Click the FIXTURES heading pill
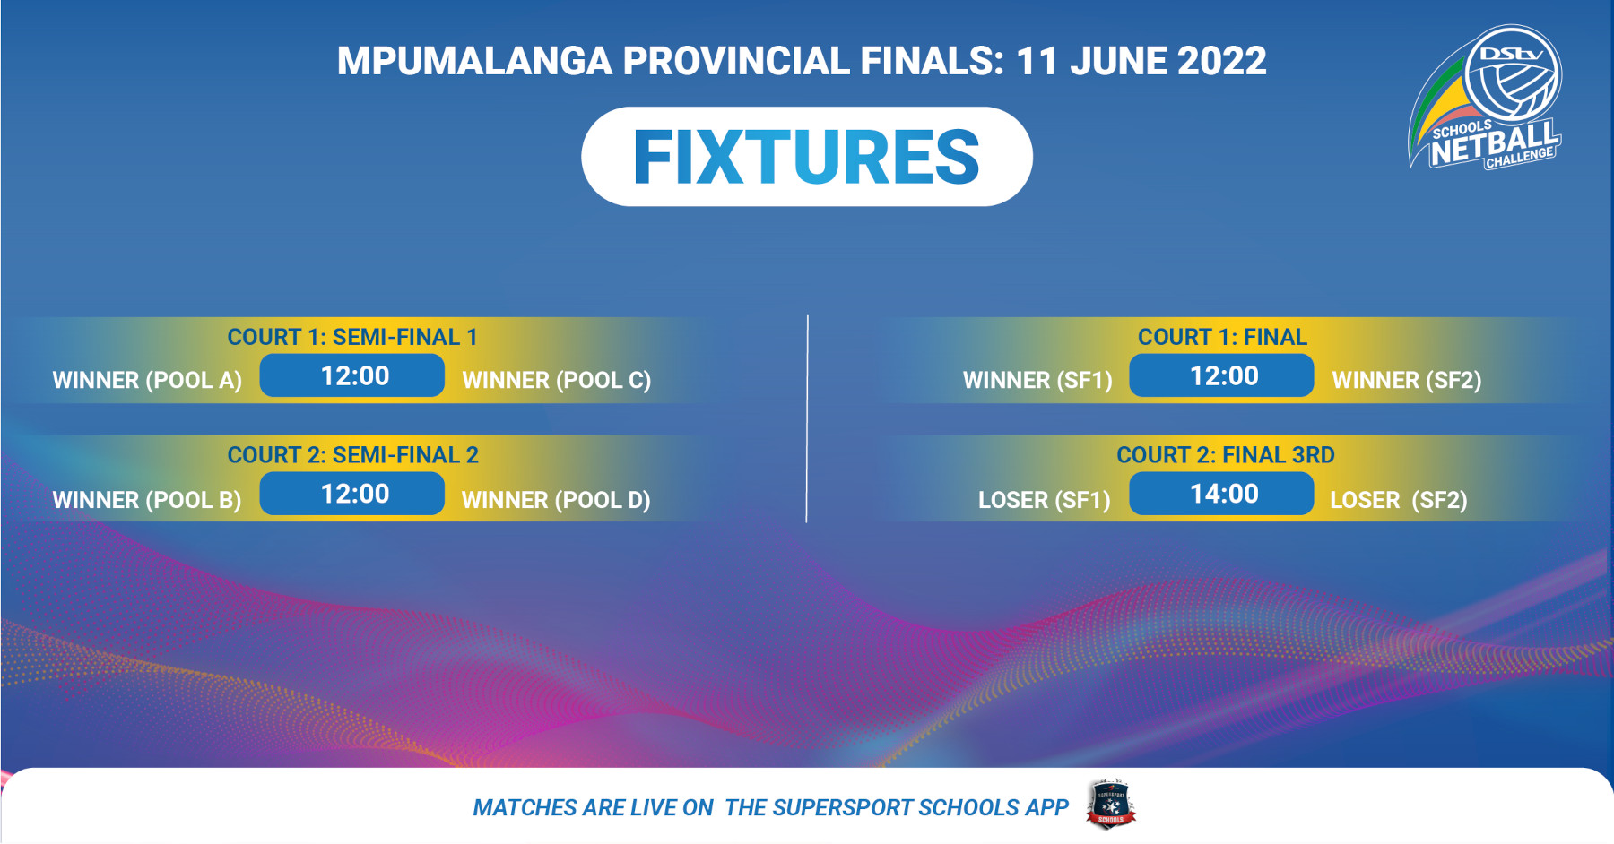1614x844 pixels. (806, 157)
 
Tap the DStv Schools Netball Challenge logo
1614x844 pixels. (1486, 97)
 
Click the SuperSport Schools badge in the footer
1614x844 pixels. (1111, 804)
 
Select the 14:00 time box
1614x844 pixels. (1221, 494)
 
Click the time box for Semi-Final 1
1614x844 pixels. (352, 375)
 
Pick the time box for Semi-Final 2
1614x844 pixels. (352, 494)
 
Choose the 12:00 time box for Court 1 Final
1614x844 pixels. (1221, 375)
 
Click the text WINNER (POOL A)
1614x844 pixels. (147, 381)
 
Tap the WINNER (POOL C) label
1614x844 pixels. (557, 381)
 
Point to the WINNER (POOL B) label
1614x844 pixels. (147, 500)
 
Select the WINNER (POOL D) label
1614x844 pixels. (556, 500)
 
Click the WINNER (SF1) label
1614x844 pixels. (1037, 381)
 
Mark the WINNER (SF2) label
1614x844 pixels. (1407, 381)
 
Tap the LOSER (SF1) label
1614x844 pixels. (1045, 500)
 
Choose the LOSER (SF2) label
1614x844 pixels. (1399, 500)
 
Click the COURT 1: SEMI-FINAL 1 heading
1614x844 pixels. (352, 337)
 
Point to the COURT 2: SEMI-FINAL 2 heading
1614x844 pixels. (353, 455)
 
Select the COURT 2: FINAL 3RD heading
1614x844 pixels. (1226, 455)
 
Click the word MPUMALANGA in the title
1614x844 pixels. (474, 61)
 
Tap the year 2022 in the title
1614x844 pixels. (1221, 61)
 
